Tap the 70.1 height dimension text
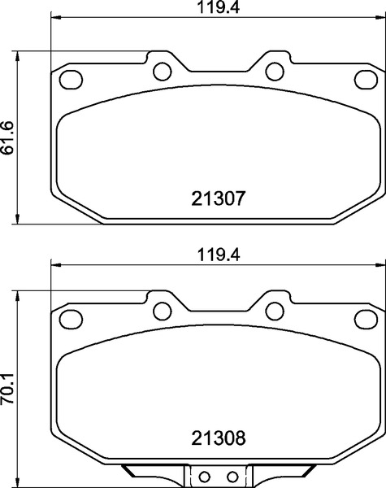point(7,384)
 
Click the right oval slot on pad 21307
point(365,79)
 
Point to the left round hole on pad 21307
point(162,71)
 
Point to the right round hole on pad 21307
point(275,71)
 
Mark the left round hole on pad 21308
point(162,309)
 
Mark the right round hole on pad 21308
point(275,309)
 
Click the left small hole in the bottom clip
point(205,477)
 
